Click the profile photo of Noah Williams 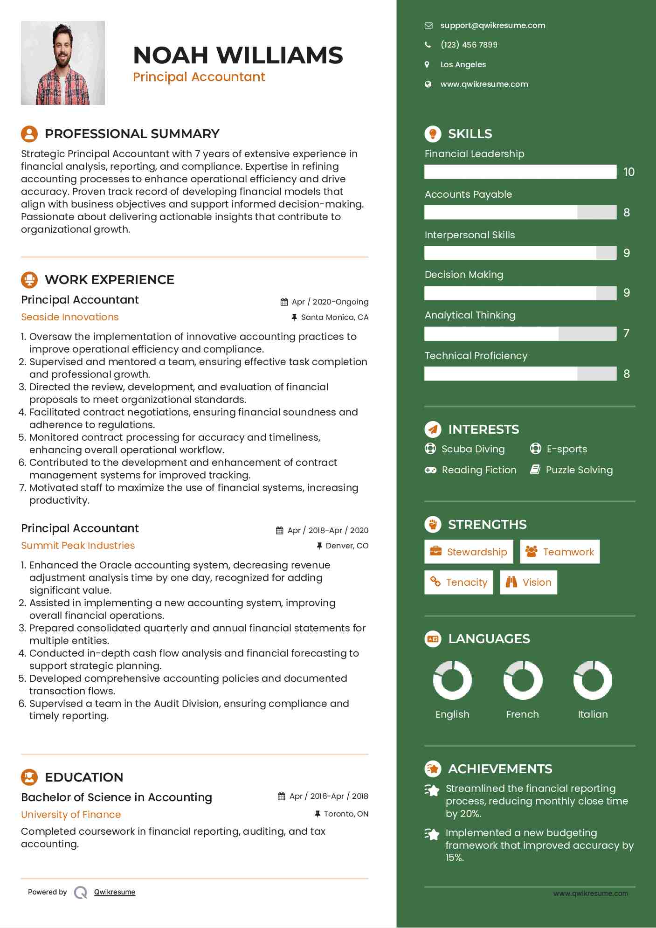[x=63, y=63]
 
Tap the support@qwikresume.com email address [x=492, y=26]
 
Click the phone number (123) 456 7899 [x=469, y=45]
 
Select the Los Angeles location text [x=463, y=64]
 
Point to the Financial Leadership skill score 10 [x=628, y=172]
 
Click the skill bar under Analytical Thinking [x=520, y=334]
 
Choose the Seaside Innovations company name [x=70, y=317]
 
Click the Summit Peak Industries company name [x=78, y=546]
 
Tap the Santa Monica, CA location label [x=334, y=318]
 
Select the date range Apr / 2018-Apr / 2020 [x=327, y=530]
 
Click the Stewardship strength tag [x=469, y=552]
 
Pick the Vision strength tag [x=528, y=582]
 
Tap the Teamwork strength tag [x=559, y=552]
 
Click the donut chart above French [x=523, y=680]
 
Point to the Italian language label [x=593, y=714]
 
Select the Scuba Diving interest [x=473, y=449]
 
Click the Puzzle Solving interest [x=579, y=470]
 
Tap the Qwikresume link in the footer [x=115, y=892]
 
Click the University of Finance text [x=71, y=815]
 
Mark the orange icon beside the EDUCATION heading [x=29, y=777]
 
